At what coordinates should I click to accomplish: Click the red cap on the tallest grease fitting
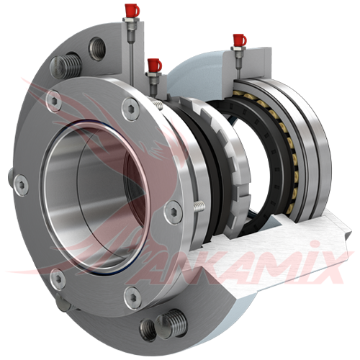(132, 11)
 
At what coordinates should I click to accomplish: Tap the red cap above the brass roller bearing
(239, 40)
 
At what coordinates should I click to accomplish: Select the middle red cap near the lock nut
(155, 66)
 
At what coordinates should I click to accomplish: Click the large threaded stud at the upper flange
(66, 66)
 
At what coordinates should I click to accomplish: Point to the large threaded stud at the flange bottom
(171, 323)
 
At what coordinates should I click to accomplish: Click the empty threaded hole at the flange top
(97, 49)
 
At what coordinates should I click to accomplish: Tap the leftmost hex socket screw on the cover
(21, 185)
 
